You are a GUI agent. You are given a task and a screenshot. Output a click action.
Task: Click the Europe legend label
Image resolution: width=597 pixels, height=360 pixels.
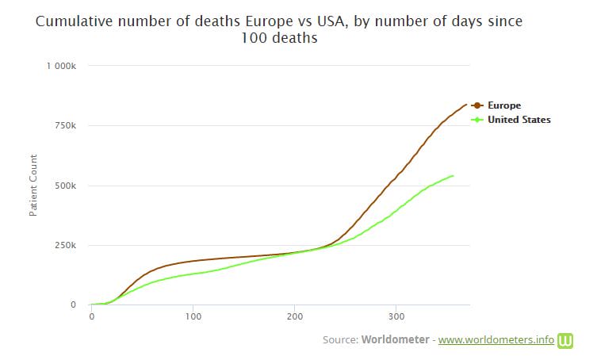[x=504, y=105]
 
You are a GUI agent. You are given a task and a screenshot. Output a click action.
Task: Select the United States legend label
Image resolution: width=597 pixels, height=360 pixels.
[x=519, y=120]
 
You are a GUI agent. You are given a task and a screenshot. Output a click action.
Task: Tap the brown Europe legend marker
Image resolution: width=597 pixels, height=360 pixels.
[x=477, y=105]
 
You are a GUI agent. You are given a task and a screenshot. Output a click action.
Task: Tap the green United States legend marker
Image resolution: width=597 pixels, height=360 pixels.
[x=477, y=120]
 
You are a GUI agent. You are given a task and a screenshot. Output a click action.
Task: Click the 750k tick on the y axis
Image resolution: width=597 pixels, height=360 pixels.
[x=65, y=126]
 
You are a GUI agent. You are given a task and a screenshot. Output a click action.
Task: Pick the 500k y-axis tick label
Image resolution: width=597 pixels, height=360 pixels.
[x=65, y=186]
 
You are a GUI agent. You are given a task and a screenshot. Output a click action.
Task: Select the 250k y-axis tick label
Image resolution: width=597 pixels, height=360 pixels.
[x=65, y=245]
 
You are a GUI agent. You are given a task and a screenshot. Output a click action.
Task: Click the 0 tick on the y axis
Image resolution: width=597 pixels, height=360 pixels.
[x=72, y=304]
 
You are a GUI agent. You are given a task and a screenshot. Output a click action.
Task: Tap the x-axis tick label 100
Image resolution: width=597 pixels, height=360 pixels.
[x=193, y=317]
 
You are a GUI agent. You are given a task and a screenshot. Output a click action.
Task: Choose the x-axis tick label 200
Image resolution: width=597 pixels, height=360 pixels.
[x=294, y=317]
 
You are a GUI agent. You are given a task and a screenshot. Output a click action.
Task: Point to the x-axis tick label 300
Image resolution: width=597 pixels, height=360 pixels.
[x=396, y=317]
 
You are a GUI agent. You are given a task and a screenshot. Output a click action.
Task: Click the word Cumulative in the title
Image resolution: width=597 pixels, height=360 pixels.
[x=73, y=21]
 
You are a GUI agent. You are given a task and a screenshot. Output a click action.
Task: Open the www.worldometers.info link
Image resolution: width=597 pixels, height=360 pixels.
[x=496, y=340]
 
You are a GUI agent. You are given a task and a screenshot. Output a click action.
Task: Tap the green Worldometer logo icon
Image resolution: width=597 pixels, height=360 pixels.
[x=566, y=340]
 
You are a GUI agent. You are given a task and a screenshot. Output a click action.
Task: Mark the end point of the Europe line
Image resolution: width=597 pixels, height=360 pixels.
[x=465, y=105]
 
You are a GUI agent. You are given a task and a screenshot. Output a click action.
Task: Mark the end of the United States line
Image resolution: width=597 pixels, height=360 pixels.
[x=453, y=176]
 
